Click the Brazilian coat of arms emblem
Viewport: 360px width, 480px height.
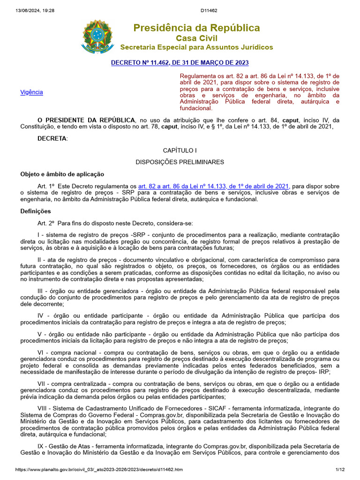tap(97, 36)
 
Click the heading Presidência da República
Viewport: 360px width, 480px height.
tap(196, 28)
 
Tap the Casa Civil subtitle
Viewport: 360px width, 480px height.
tap(196, 38)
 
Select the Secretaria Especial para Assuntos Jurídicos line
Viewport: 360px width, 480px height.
tap(196, 47)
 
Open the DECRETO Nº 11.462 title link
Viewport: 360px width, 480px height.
tap(180, 62)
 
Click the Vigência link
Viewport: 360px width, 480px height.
tap(31, 92)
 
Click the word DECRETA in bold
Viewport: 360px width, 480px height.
tap(52, 138)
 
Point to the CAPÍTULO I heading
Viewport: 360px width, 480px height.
tap(180, 150)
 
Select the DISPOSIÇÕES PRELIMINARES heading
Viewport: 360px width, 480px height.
tap(180, 162)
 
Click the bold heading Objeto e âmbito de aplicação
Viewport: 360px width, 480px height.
tap(62, 174)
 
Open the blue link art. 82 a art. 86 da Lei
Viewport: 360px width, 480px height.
tap(213, 186)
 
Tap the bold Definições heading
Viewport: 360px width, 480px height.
tap(36, 211)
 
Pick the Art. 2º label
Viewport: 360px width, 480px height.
tap(46, 223)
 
